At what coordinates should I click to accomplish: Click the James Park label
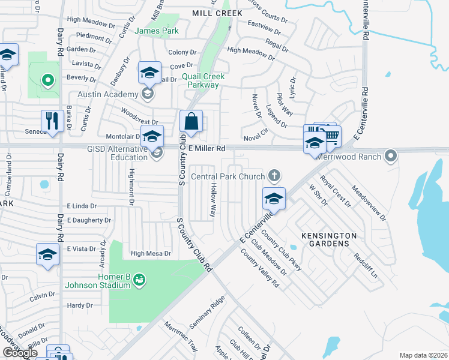point(157,31)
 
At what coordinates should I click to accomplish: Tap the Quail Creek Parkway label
point(203,80)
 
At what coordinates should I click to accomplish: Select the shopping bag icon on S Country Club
point(191,122)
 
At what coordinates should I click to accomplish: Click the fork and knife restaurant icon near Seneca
point(53,121)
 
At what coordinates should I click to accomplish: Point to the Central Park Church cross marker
point(274,175)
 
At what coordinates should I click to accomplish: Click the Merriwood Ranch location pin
point(391,157)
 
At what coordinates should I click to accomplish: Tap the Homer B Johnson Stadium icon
point(139,279)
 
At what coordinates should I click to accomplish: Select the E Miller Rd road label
point(206,148)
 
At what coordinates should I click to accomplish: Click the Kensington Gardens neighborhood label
point(328,240)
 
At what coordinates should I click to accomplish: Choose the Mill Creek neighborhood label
point(217,13)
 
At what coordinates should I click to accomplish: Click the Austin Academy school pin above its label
point(149,74)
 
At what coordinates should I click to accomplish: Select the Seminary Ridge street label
point(207,311)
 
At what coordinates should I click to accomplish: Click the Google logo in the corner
point(19,353)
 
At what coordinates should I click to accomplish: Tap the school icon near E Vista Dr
point(47,254)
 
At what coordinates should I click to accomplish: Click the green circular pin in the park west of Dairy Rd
point(47,79)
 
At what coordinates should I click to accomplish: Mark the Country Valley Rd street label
point(260,267)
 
